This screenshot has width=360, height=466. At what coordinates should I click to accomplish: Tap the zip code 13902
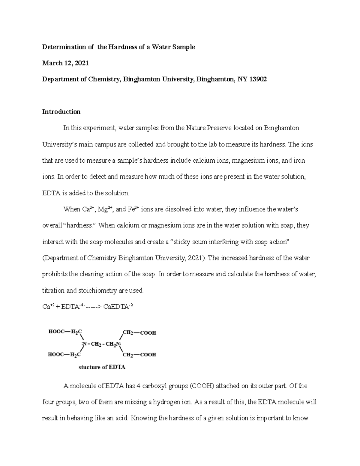click(258, 80)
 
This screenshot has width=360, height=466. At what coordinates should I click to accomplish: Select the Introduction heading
click(61, 112)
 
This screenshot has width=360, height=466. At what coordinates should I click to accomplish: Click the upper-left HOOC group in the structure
click(55, 332)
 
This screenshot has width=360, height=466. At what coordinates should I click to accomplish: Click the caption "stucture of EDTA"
click(102, 367)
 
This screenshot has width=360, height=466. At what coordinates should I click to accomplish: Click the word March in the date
click(52, 63)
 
